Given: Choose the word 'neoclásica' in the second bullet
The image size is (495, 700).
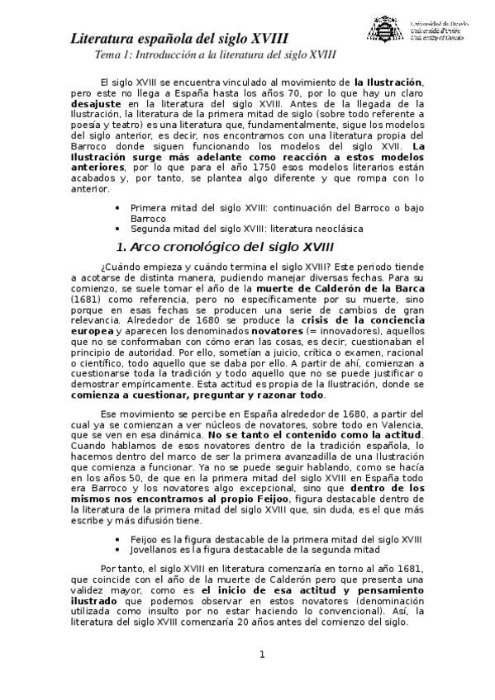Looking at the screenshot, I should [334, 229].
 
